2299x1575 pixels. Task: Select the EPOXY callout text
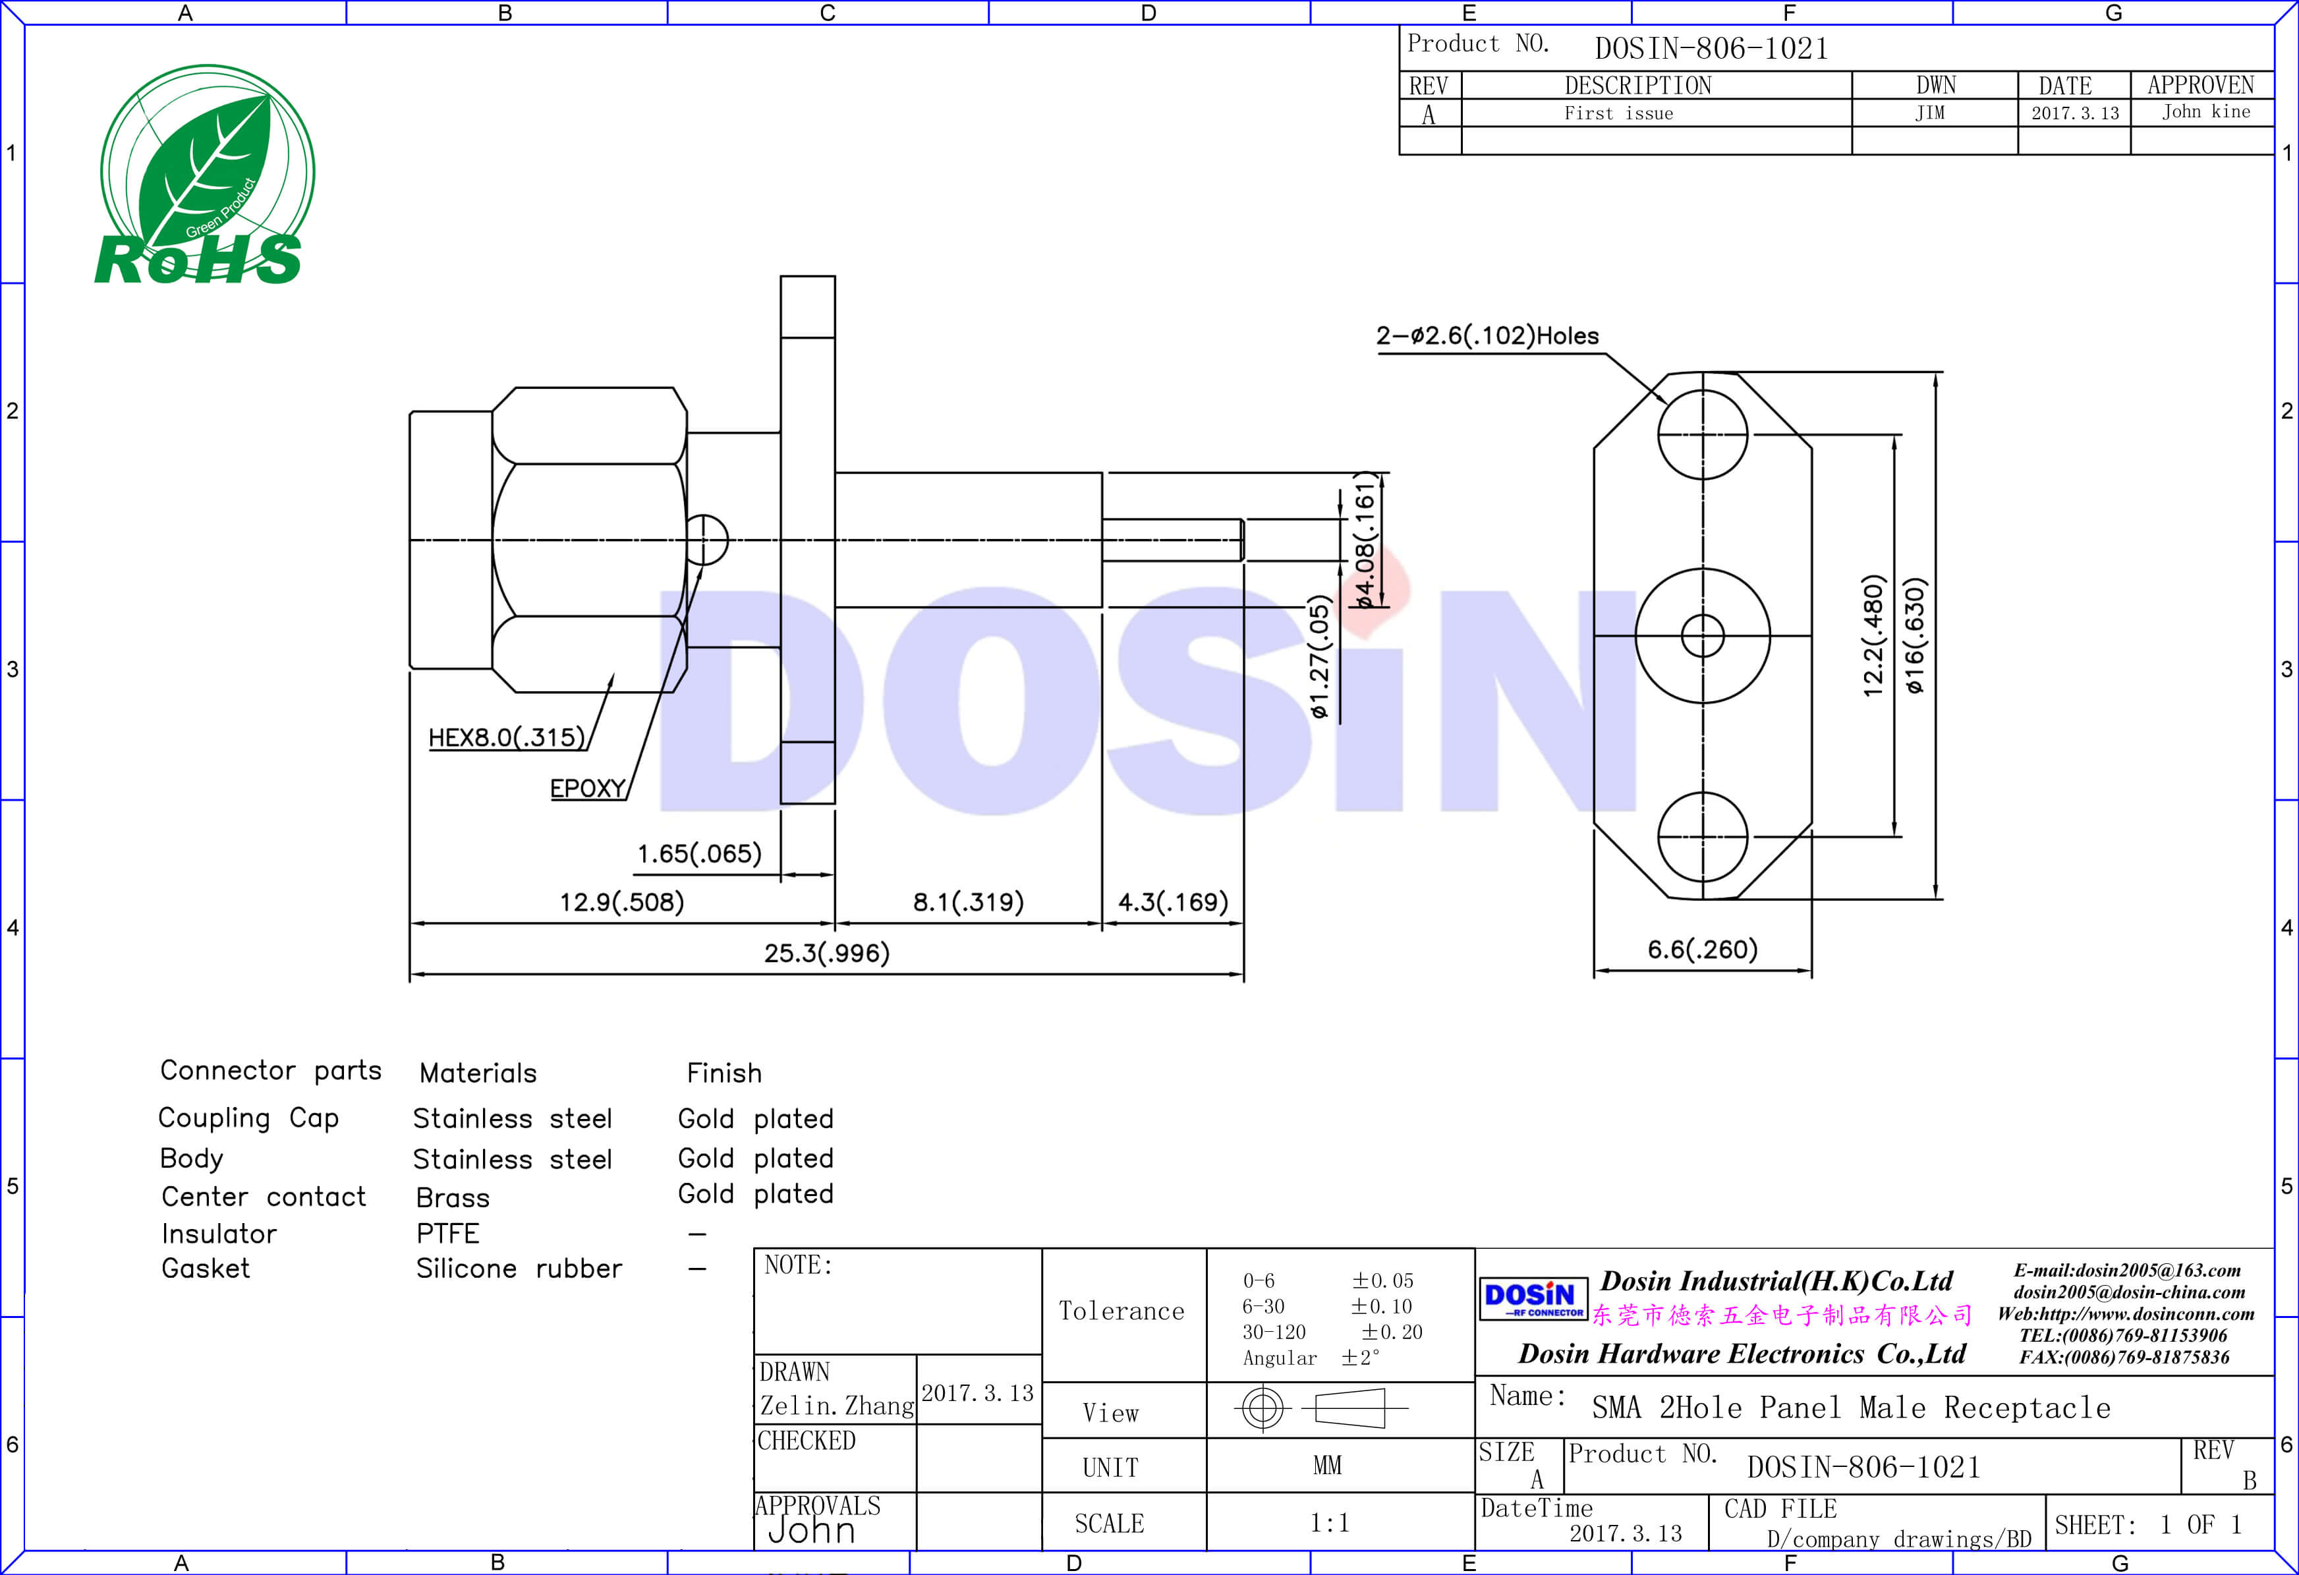tap(588, 789)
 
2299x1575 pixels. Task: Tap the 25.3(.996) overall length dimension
tap(826, 953)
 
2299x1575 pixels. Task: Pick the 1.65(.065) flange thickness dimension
tap(698, 854)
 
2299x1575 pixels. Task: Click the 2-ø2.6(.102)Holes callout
tap(1487, 336)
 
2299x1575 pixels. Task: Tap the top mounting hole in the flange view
tap(1703, 434)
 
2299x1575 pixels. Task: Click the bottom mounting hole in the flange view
tap(1703, 836)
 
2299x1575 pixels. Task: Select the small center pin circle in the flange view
tap(1703, 635)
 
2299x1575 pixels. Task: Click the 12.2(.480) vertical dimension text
tap(1873, 636)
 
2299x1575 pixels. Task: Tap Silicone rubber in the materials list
tap(519, 1269)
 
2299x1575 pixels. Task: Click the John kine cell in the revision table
tap(2205, 113)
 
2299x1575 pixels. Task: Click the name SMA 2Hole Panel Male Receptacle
tap(1850, 1408)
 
